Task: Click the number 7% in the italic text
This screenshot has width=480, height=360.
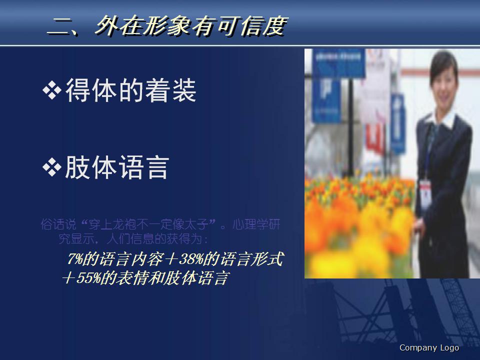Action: coord(74,259)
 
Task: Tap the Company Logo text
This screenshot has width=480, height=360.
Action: coord(429,348)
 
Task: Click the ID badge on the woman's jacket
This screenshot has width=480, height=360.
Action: coord(425,190)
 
